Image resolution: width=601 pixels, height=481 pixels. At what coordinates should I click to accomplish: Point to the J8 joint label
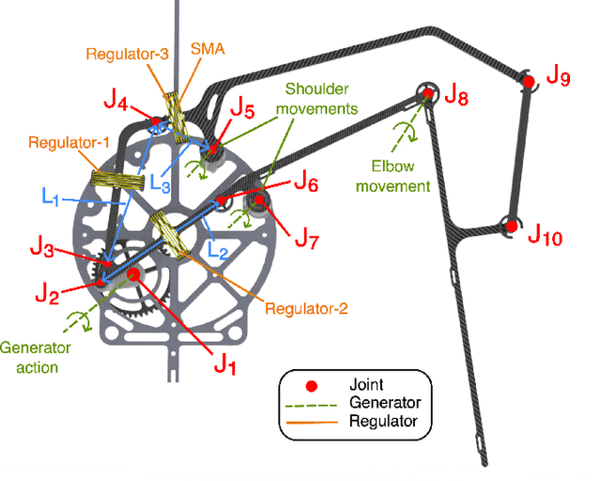(x=455, y=94)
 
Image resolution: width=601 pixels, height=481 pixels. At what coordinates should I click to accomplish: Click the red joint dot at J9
(x=529, y=83)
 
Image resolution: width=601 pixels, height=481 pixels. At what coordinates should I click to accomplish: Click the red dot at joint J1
(x=134, y=274)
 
